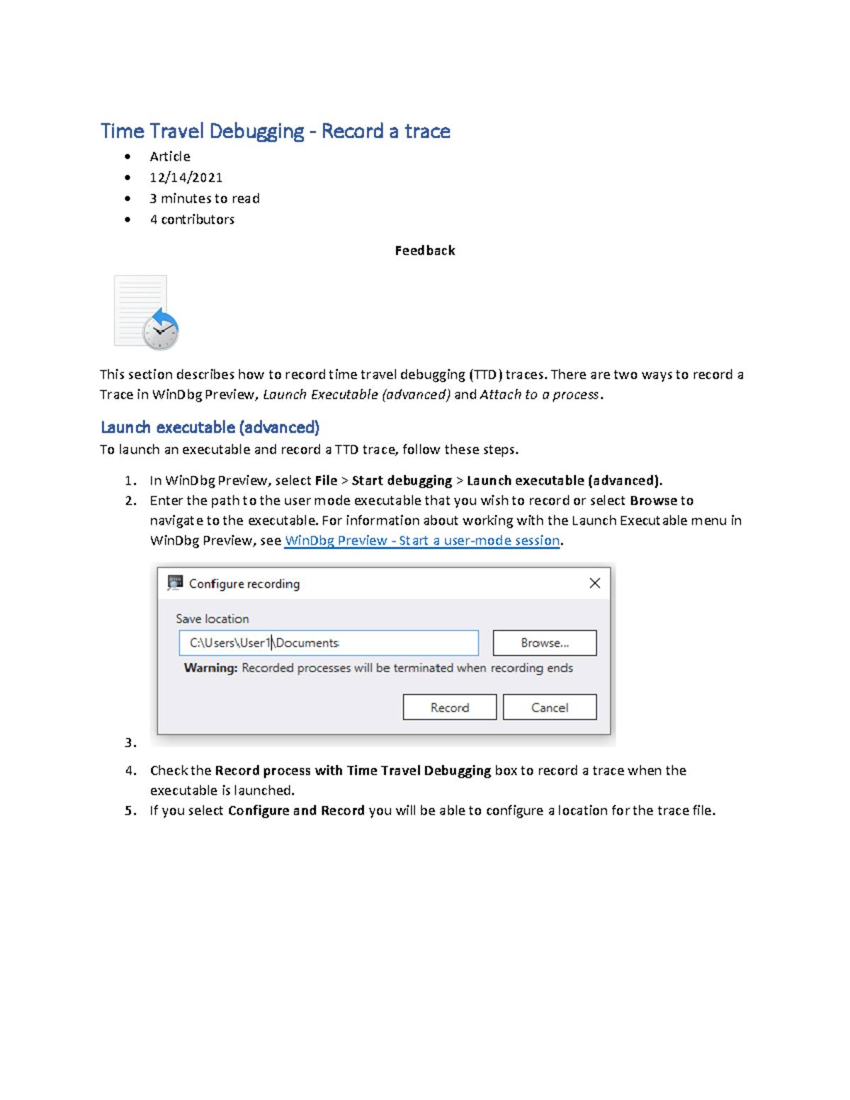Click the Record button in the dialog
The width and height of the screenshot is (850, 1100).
(449, 707)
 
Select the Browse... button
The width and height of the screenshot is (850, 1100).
(544, 642)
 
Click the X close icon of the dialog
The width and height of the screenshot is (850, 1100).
(594, 583)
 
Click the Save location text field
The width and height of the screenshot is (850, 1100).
(328, 642)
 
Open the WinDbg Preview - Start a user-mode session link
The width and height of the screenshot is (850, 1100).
(422, 540)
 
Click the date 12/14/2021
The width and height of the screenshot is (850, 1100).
(186, 177)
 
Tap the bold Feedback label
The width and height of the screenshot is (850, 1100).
(424, 250)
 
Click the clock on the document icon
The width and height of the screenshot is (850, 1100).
(161, 331)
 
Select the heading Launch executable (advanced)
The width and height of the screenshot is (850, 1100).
(210, 427)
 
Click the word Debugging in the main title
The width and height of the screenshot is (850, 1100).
(256, 131)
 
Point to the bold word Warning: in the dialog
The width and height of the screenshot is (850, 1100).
(210, 668)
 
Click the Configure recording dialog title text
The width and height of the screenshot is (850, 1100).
(244, 584)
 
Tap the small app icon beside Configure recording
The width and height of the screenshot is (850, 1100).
(175, 583)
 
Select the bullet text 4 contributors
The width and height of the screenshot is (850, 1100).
(191, 220)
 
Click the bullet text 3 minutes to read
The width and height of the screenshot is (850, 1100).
(204, 198)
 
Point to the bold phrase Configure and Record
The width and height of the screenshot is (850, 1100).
(296, 810)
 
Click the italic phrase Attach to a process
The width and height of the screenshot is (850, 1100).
(540, 395)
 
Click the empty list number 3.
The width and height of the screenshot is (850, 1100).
(130, 742)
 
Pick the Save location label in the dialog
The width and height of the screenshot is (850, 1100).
(212, 618)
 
